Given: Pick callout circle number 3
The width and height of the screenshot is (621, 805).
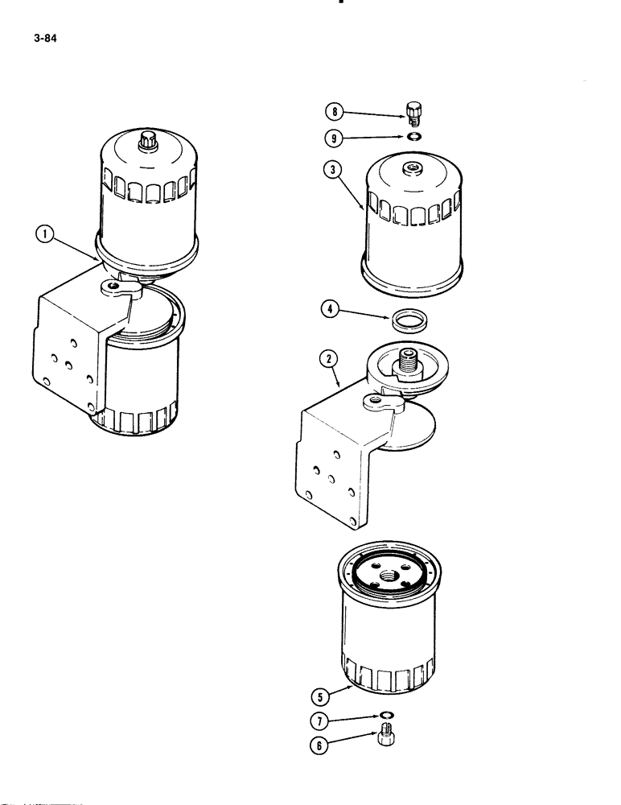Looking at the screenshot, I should pos(330,171).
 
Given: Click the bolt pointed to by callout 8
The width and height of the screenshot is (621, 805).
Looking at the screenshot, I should pos(414,113).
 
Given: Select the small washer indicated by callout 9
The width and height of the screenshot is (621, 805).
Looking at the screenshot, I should pos(414,137).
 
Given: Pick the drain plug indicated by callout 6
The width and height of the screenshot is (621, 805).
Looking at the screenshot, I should pos(386,738).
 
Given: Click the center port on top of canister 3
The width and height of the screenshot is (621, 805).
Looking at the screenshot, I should pos(413,168).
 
